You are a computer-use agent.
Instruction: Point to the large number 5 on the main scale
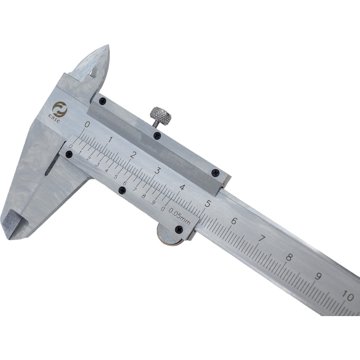tap(208, 203)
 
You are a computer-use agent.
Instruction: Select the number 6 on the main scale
tap(234, 221)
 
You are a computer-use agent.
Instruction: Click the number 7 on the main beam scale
tap(261, 239)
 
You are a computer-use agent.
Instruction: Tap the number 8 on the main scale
tap(289, 257)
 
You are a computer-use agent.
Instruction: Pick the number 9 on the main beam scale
tap(318, 276)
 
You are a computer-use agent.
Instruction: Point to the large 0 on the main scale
tap(87, 125)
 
